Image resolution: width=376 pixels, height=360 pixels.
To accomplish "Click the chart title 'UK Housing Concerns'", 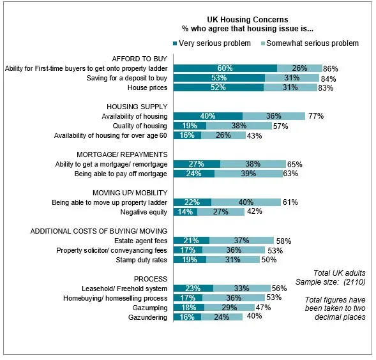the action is [248, 19].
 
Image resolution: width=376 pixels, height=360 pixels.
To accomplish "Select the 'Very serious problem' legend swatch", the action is [175, 43].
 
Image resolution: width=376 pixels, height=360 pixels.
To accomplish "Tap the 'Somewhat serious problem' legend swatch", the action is [263, 43].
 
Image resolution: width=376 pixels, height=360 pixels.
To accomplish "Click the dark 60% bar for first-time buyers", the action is [225, 68].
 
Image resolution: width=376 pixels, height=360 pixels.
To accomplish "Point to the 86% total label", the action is [331, 69].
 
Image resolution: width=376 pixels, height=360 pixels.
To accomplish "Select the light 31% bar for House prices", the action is [290, 87].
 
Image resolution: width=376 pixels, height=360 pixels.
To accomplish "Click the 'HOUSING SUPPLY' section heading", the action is [137, 107].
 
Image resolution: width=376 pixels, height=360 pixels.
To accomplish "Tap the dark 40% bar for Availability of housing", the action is [208, 116].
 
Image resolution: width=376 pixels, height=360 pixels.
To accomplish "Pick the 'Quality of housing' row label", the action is [140, 126].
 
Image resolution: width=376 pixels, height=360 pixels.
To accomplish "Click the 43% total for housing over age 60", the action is [254, 136].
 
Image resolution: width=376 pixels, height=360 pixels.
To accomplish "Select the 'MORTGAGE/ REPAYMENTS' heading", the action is [122, 154].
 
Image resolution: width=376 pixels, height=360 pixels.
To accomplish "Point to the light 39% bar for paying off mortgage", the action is [248, 174].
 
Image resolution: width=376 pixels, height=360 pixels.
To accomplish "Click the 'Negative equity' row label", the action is [144, 213].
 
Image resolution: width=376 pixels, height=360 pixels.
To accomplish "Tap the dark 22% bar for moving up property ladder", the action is [192, 202].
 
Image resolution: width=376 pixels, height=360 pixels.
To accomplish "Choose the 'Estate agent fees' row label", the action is [140, 241].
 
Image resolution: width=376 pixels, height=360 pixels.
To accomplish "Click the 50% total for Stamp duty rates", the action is [269, 260].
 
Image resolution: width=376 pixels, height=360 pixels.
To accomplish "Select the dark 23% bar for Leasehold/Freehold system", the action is [193, 289].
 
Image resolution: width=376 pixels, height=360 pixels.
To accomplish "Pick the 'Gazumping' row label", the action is [150, 308].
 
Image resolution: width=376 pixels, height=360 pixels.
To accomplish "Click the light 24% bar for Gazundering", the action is [222, 317].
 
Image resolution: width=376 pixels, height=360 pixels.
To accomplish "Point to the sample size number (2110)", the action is [354, 282].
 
